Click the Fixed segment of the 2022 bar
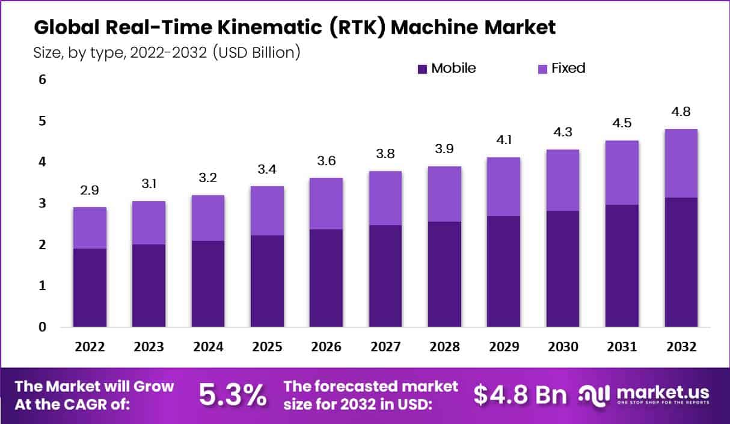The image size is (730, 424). (90, 228)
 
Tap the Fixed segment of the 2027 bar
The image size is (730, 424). (385, 198)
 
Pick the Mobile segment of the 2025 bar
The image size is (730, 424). (267, 281)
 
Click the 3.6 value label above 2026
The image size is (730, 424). (326, 161)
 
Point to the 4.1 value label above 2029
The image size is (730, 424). (503, 141)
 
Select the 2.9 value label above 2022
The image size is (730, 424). (90, 191)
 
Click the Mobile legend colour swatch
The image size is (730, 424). (422, 69)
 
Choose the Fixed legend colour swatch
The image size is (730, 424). (542, 69)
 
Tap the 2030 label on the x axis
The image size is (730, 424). (563, 347)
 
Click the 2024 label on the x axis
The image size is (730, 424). (208, 347)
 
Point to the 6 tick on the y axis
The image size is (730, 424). (41, 80)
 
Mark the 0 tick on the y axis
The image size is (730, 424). (41, 327)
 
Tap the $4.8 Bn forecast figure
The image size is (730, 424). (520, 395)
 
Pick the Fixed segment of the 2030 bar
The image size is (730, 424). (563, 180)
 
